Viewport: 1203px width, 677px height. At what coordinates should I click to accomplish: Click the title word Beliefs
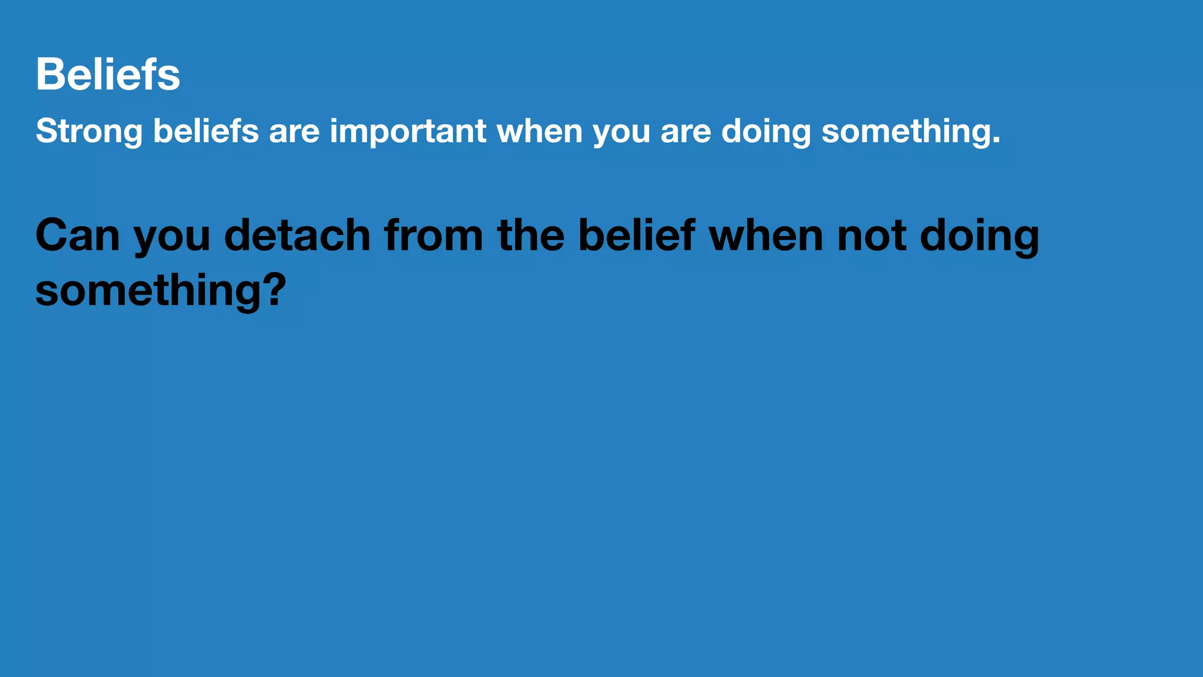point(107,75)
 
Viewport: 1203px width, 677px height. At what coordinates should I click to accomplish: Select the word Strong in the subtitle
point(89,131)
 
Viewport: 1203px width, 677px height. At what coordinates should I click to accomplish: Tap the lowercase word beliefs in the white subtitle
point(206,131)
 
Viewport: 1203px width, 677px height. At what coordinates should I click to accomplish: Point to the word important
point(408,131)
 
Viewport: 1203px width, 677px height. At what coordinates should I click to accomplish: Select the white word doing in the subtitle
point(766,131)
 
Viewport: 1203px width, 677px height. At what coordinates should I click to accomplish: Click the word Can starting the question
point(78,236)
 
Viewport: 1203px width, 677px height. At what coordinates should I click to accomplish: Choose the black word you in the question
point(172,238)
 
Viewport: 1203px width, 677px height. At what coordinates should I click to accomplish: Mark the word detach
point(297,236)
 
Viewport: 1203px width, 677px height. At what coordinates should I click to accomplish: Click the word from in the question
point(434,236)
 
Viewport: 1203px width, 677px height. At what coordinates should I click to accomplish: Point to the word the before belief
point(531,236)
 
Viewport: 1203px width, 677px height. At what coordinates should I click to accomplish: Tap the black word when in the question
point(766,236)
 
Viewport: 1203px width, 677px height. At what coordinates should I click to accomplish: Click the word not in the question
point(872,236)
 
